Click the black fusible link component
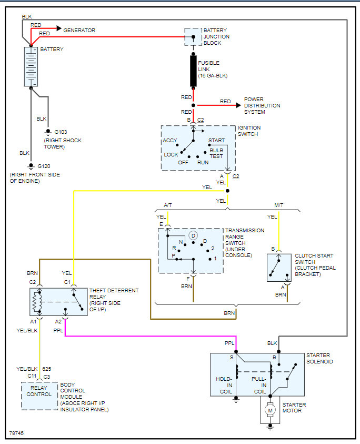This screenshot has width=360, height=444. pyautogui.click(x=193, y=70)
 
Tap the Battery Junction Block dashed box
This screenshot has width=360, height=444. pyautogui.click(x=193, y=37)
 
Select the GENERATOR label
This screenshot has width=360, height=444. pyautogui.click(x=79, y=31)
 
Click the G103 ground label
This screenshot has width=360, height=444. pyautogui.click(x=59, y=132)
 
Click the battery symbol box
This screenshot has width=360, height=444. pyautogui.click(x=31, y=66)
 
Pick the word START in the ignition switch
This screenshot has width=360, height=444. pyautogui.click(x=216, y=141)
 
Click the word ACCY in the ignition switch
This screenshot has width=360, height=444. pyautogui.click(x=170, y=141)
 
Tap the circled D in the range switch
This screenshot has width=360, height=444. pyautogui.click(x=193, y=234)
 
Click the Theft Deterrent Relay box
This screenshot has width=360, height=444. pyautogui.click(x=58, y=301)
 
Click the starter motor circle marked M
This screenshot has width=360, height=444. pyautogui.click(x=271, y=410)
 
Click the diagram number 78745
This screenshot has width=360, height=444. pyautogui.click(x=16, y=434)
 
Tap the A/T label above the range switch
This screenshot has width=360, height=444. pyautogui.click(x=168, y=205)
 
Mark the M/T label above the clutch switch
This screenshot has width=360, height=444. pyautogui.click(x=278, y=205)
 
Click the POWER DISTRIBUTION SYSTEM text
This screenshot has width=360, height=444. pyautogui.click(x=262, y=105)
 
